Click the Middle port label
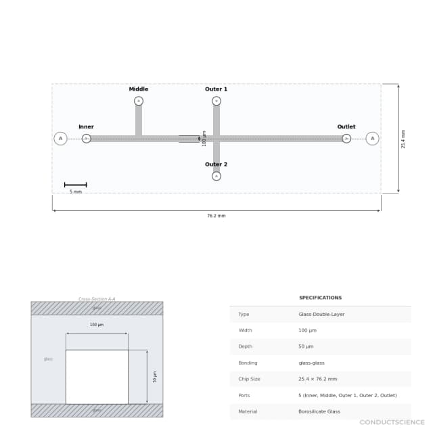click(139, 89)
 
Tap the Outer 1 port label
click(216, 89)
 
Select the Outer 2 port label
click(216, 164)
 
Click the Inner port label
click(86, 127)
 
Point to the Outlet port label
click(346, 127)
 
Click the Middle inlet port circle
click(139, 101)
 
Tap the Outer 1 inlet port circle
click(216, 101)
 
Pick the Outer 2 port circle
click(216, 176)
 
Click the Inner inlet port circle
click(87, 139)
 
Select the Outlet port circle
click(346, 139)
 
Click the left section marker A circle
click(60, 139)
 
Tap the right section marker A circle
click(372, 139)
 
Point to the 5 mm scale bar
click(75, 185)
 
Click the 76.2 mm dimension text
click(216, 216)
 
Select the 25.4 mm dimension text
click(404, 139)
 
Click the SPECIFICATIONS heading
click(320, 298)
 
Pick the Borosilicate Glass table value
click(319, 411)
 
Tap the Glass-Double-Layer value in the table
click(321, 315)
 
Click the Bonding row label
click(248, 363)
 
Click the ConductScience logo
click(392, 423)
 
